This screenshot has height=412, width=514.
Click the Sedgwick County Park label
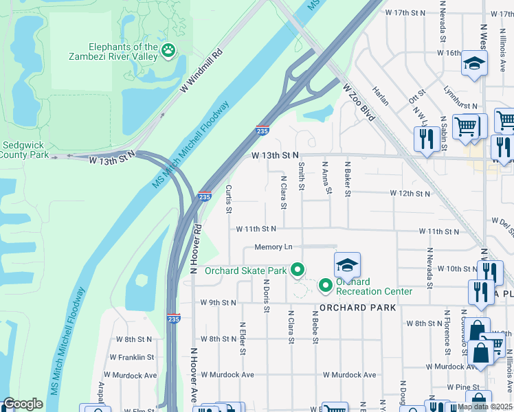[25, 150]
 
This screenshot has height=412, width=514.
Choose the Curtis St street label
[230, 198]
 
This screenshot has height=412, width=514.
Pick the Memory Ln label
[273, 247]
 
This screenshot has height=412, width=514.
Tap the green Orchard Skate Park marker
[297, 271]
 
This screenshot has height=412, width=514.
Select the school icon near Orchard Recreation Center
[348, 265]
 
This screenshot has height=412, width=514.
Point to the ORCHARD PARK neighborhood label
[357, 308]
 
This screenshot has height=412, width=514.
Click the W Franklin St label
[131, 357]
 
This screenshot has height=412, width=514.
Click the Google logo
[23, 404]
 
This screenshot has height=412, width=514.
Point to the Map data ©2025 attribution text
[484, 407]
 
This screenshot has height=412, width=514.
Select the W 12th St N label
[410, 194]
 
